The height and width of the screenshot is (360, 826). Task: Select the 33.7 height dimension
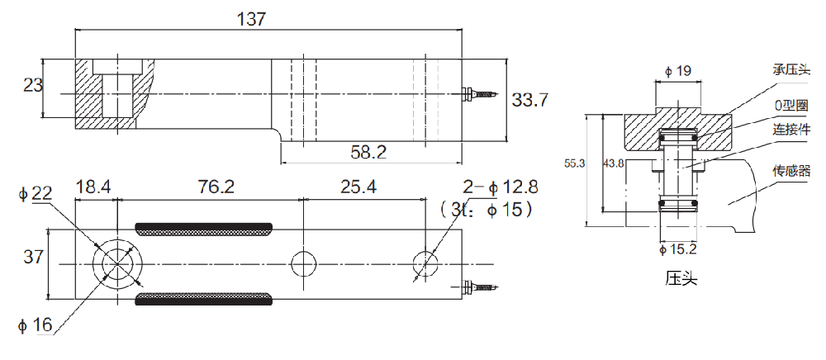pos(530,99)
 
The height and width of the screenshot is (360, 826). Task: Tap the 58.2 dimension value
pos(368,152)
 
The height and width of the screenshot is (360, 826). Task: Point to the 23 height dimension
pos(33,86)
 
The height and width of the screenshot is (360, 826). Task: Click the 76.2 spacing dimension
pos(216,187)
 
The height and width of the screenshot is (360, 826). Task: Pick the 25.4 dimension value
pos(358,187)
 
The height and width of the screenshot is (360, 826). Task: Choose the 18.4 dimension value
pos(95,187)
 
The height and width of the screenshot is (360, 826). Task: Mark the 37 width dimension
pos(34,257)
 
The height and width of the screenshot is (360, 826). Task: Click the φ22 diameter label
pos(36,195)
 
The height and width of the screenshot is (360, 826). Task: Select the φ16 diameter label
pos(36,326)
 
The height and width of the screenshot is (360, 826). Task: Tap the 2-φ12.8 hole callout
pos(501,187)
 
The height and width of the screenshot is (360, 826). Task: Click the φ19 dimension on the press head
pos(677,71)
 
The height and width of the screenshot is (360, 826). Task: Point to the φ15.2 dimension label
pos(677,249)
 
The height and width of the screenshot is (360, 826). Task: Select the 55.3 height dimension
pos(575,163)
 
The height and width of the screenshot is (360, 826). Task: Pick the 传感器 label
pos(791,171)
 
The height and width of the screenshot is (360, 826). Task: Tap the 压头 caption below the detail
pos(681,278)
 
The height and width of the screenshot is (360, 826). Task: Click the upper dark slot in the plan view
pos(204,229)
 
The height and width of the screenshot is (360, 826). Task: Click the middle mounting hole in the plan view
pos(303,263)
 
